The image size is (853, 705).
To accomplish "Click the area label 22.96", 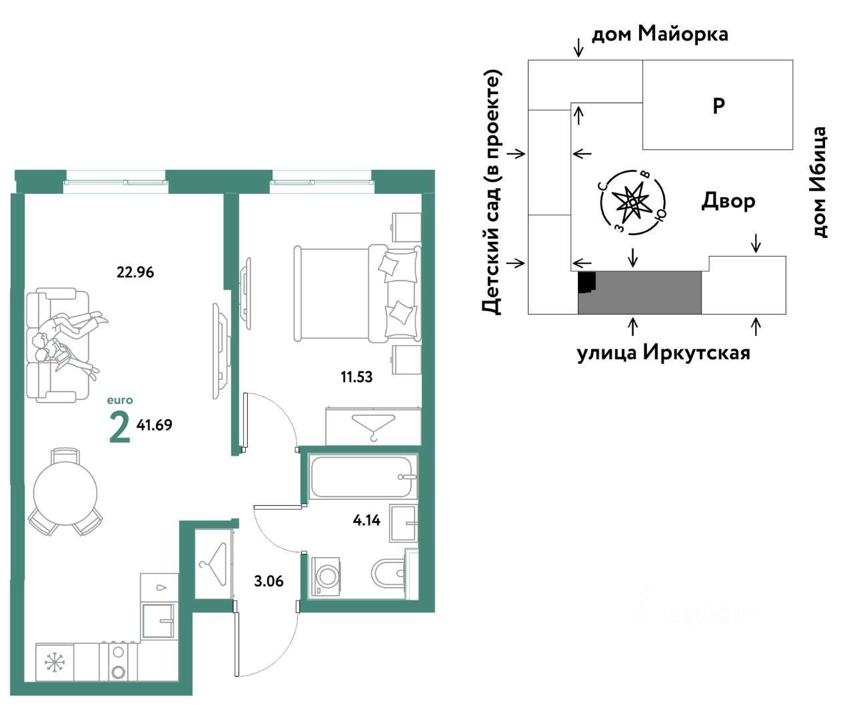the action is tap(135, 272).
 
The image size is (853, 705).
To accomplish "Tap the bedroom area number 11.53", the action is tap(357, 376).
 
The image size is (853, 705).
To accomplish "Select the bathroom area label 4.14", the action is tap(367, 520).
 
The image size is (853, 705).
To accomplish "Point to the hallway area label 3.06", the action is tap(269, 581).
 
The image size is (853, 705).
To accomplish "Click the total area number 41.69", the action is tap(154, 424).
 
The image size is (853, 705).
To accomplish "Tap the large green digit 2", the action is tap(120, 427).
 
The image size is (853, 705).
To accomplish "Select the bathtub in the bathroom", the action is tap(363, 476).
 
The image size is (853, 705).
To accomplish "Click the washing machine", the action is tap(326, 576).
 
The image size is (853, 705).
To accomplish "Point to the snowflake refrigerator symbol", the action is tap(55, 662).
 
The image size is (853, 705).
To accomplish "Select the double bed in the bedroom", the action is tap(357, 293).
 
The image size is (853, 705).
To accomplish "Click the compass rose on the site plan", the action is tap(632, 202).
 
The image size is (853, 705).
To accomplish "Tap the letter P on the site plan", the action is tap(718, 106).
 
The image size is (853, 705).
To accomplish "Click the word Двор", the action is tap(728, 201).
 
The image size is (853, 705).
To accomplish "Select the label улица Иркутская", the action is tap(664, 352).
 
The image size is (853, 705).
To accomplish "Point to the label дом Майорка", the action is tap(660, 34).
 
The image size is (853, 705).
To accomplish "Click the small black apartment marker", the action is tap(586, 283).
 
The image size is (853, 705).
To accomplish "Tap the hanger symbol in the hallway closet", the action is tap(213, 563).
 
